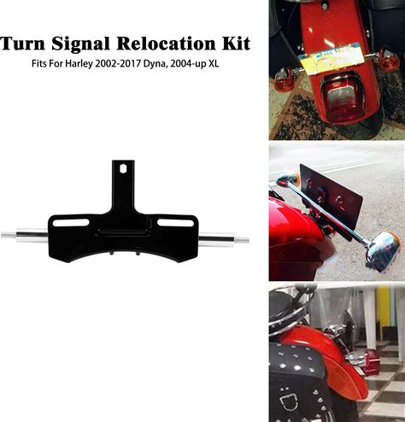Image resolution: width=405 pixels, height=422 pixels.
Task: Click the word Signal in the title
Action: pos(80,44)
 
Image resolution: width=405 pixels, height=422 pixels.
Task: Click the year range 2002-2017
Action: pos(119,63)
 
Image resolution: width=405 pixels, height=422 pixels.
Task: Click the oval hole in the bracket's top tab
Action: pos(123,168)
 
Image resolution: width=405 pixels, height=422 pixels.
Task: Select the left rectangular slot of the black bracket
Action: pos(71,223)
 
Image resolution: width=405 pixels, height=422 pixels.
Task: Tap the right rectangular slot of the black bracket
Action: pos(175,223)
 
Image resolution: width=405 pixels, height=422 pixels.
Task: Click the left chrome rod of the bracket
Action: pos(25,235)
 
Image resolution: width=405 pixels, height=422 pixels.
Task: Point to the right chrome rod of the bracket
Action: pos(224,239)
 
